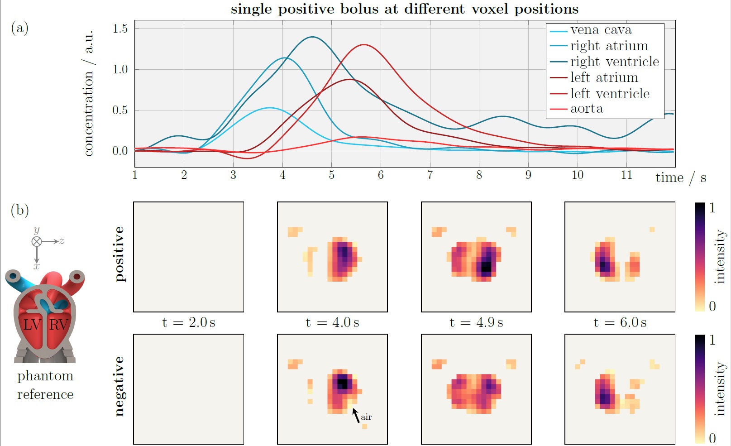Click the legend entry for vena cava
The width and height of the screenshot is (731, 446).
coord(601,30)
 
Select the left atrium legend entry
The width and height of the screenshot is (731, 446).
coord(604,78)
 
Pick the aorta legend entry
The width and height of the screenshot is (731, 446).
coord(587,109)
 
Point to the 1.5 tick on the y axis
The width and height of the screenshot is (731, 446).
coord(120,29)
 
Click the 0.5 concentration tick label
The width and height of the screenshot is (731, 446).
coord(120,110)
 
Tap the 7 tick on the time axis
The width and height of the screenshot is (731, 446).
coord(430,175)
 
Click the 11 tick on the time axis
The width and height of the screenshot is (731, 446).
coord(626,175)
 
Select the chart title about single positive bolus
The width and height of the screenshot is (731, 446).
coord(405,9)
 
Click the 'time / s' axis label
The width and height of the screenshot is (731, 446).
coord(681,177)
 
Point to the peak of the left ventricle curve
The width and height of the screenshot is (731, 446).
coord(364,45)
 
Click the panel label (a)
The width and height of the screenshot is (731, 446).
coord(19,28)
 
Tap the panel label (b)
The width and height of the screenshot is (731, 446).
coord(19,210)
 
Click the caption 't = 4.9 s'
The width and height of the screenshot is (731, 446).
coord(476,322)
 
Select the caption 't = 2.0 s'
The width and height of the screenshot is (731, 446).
coord(189,322)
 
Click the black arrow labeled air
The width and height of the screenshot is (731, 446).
coord(356,415)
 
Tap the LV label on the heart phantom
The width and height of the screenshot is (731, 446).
coord(32,324)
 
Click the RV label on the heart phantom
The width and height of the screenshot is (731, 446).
coord(58,324)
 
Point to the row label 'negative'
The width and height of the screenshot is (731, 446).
coord(119,386)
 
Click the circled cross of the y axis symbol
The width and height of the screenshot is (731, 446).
coord(37,241)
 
